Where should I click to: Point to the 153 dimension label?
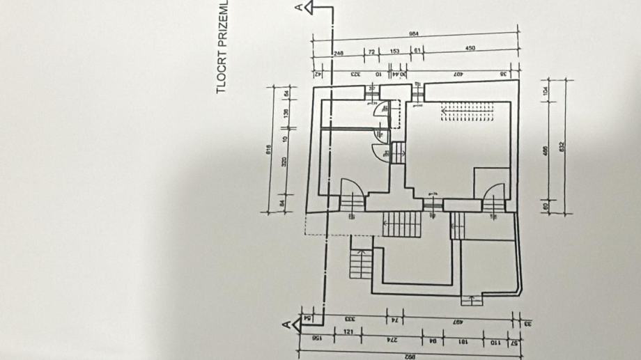click(394, 52)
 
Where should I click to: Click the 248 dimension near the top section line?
click(339, 52)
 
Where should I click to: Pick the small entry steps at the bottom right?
click(472, 300)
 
